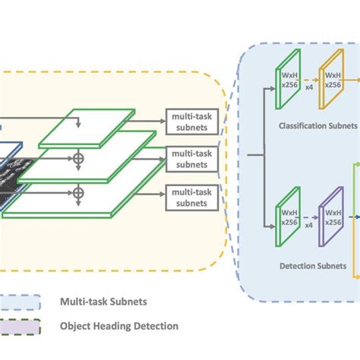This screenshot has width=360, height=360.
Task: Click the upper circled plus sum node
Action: coord(77,158)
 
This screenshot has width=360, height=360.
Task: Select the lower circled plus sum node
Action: coord(77,193)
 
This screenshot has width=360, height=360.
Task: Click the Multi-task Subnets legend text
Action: coord(104,302)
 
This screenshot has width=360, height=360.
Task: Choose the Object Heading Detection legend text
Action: coord(119,326)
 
